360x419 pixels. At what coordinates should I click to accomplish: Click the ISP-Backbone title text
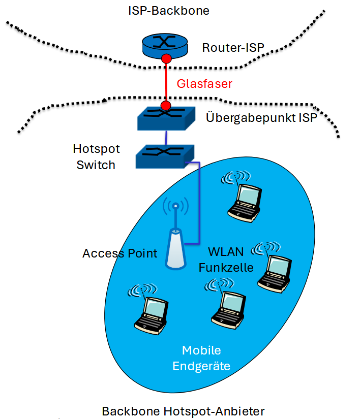(169, 10)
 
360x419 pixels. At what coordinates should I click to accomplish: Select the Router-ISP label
(233, 49)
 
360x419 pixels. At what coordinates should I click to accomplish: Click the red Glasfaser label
(204, 84)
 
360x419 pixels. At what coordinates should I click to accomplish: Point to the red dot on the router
(166, 59)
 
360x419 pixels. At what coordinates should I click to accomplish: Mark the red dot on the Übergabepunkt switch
(166, 106)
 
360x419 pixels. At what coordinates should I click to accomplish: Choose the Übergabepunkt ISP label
(261, 118)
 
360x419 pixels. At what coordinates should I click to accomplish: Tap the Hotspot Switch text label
(96, 157)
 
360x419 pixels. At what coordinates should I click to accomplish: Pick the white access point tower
(174, 248)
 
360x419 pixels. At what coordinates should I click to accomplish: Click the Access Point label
(120, 253)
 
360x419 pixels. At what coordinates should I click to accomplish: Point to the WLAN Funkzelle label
(231, 260)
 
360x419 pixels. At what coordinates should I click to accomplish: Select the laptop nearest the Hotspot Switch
(244, 201)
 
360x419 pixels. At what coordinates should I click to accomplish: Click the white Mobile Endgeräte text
(201, 358)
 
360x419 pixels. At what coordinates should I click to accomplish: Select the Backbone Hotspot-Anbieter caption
(183, 411)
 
